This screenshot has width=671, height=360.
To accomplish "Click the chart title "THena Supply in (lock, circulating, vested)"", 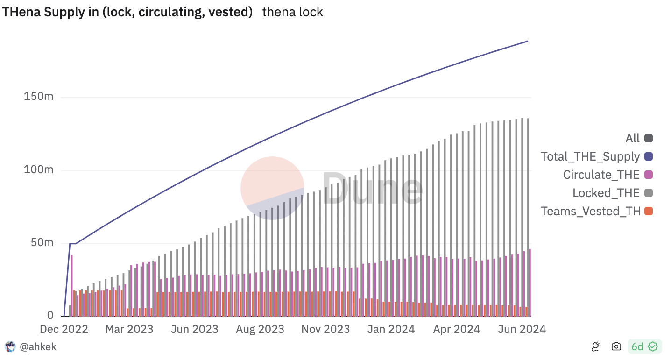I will (x=127, y=12).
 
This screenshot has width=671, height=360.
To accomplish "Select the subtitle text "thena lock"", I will (x=293, y=12).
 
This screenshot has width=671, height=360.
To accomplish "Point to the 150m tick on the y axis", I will (x=38, y=97).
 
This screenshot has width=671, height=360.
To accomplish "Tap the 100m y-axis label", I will (x=38, y=169).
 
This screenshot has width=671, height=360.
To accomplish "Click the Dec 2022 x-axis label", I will (x=64, y=329).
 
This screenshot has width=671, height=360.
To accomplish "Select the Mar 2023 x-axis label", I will (x=129, y=329).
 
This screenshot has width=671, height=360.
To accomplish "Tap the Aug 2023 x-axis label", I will (x=260, y=329).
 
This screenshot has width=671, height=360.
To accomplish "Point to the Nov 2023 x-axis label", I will (x=325, y=329).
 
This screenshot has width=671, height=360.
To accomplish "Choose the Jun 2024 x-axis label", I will (x=522, y=329).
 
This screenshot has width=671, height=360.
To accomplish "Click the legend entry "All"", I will (x=633, y=138).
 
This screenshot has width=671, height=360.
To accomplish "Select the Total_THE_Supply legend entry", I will (x=590, y=156).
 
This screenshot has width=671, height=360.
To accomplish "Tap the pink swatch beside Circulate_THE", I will (x=648, y=175).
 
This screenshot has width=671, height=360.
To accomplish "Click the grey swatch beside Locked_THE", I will (x=648, y=193).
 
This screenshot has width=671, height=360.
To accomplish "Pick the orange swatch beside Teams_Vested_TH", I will (x=648, y=211).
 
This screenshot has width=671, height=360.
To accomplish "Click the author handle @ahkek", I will (x=38, y=346).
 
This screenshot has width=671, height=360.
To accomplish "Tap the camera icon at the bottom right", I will (x=616, y=346).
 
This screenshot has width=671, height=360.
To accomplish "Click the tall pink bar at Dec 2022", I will (x=72, y=285).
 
